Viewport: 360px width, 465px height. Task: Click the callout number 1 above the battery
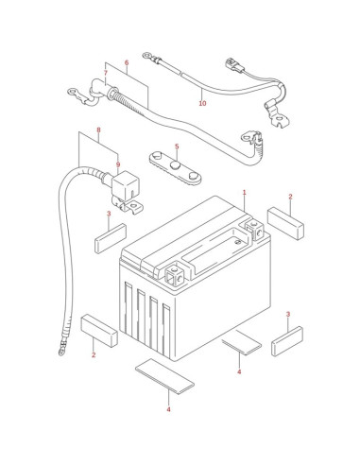click(244, 192)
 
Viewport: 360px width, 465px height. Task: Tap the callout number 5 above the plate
click(177, 146)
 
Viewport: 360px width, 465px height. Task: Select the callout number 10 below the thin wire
click(202, 103)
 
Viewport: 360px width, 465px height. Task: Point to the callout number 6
click(127, 62)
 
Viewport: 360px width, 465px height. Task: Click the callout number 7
click(106, 73)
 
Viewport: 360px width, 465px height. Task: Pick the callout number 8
click(98, 129)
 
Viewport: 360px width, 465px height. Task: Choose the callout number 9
click(118, 164)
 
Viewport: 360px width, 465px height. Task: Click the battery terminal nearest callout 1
click(254, 229)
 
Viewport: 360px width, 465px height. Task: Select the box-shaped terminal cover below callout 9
click(126, 185)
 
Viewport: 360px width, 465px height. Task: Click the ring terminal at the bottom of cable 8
click(61, 351)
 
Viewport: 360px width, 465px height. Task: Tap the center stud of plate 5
click(175, 165)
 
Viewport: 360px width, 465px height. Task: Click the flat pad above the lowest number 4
click(164, 376)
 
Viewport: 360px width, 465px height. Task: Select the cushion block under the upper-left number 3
click(111, 238)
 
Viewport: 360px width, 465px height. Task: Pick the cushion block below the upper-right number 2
click(285, 223)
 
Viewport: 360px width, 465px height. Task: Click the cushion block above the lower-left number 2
click(99, 331)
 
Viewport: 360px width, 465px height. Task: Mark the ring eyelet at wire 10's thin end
click(146, 56)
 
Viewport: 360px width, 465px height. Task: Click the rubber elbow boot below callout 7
click(95, 91)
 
